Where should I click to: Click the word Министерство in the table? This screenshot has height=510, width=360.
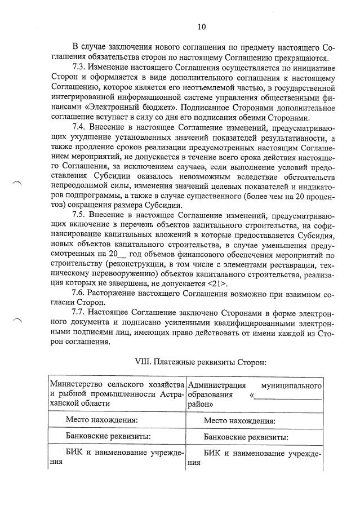click(x=78, y=385)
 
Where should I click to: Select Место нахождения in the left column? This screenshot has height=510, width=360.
click(x=101, y=420)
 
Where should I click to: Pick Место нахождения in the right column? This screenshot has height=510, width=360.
click(x=239, y=420)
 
